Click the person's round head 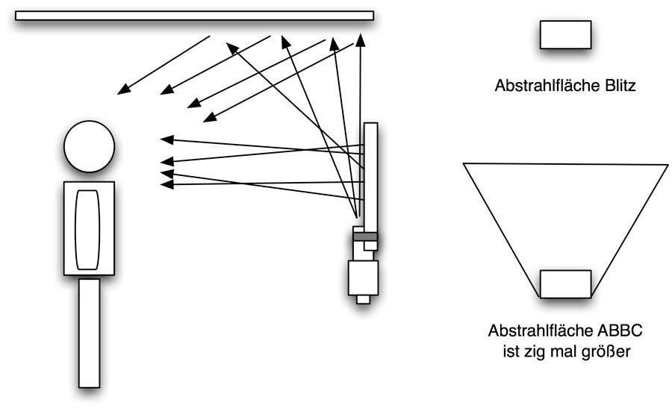click(88, 146)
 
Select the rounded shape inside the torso click(88, 229)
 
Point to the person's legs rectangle click(89, 332)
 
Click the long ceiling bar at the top click(194, 16)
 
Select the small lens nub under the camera click(364, 300)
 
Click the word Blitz click(617, 87)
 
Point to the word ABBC click(617, 330)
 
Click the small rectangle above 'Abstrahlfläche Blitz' click(565, 34)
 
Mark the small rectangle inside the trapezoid click(565, 284)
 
